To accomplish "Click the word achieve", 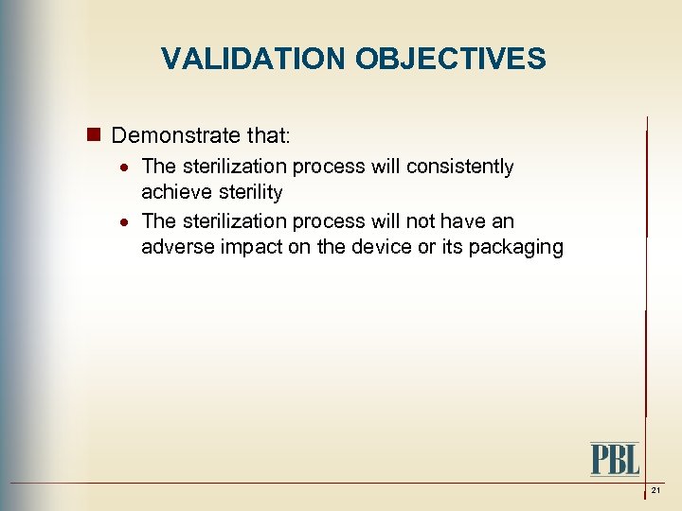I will coord(175,193).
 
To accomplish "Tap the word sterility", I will coord(248,193).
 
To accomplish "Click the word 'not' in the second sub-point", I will coord(418,221).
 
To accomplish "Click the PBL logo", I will coord(615,459).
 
